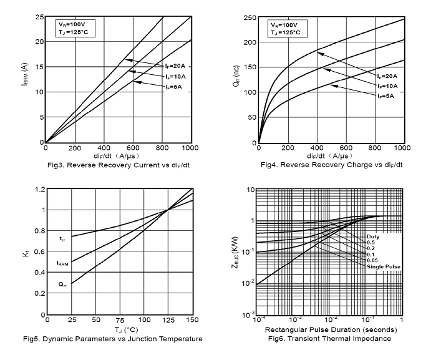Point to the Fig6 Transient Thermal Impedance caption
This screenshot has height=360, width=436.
(329, 338)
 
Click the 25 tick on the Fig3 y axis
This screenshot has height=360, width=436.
(38, 17)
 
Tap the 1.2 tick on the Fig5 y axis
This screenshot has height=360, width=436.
(37, 188)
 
